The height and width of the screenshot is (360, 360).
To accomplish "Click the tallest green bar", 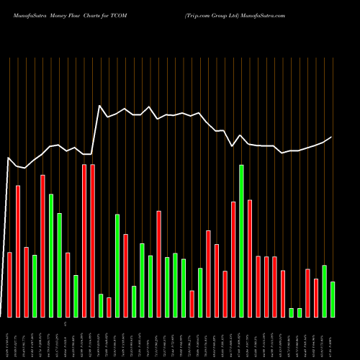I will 241,241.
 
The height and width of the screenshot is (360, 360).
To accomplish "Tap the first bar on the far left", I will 10,284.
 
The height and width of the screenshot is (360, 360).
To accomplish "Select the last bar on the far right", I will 333,299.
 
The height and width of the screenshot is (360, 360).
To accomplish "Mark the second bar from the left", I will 18,251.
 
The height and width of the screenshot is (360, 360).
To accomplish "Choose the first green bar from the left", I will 35,286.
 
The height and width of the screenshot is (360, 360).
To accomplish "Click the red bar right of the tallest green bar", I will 250,258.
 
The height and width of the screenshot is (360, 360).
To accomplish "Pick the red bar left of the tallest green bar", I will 233,259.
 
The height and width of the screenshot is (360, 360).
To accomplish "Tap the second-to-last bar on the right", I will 324,291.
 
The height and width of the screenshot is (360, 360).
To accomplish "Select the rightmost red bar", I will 316,297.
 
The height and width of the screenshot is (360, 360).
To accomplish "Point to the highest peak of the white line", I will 100,106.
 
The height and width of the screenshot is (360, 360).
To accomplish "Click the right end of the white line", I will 332,137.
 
